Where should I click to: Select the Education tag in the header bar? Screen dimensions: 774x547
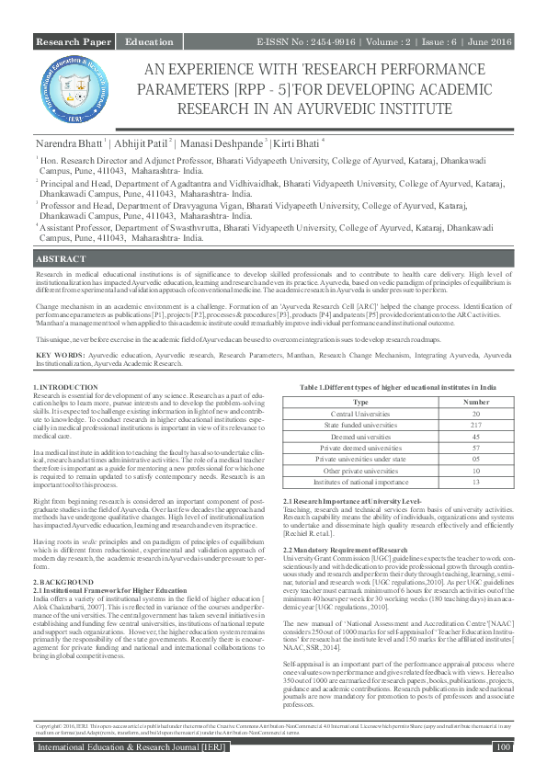[149, 43]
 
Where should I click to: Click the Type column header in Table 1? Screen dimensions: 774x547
[361, 401]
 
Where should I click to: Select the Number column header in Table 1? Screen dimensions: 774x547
[475, 401]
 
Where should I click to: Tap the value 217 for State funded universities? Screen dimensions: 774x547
[475, 424]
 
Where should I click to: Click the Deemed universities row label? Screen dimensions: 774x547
[361, 436]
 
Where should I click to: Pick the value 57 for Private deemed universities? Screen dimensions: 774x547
[475, 447]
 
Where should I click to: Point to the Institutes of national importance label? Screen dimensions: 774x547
[361, 481]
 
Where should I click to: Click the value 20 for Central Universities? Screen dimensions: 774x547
[475, 413]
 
